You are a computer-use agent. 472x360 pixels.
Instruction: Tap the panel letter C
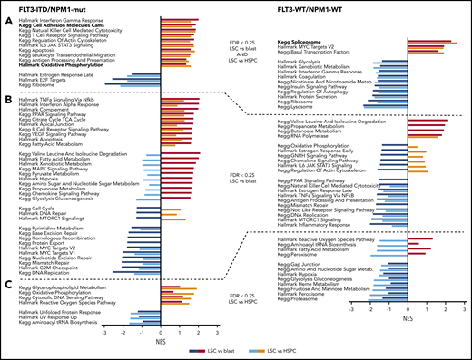(7, 284)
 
